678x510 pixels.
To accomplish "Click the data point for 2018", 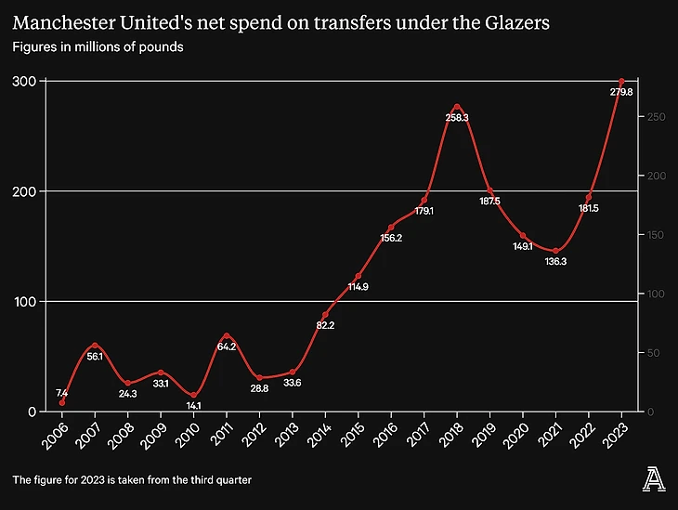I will click(457, 107).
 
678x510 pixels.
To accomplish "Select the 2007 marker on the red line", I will click(95, 346).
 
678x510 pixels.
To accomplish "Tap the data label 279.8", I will click(621, 92).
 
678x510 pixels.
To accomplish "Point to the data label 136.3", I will click(555, 262).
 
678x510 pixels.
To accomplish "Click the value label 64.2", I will click(227, 347).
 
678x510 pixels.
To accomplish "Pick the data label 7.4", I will click(61, 393).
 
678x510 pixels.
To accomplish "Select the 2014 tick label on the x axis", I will click(321, 432).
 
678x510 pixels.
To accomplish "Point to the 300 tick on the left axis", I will click(24, 82).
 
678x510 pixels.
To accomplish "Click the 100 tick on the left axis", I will click(24, 302).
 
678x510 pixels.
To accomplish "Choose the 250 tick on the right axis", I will click(657, 117).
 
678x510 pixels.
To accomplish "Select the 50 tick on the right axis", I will click(654, 353).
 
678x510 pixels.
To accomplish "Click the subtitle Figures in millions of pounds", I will click(98, 46).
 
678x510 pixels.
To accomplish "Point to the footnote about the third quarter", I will click(132, 479).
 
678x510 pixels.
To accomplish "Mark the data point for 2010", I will click(194, 395).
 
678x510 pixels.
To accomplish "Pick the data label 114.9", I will click(359, 287).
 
